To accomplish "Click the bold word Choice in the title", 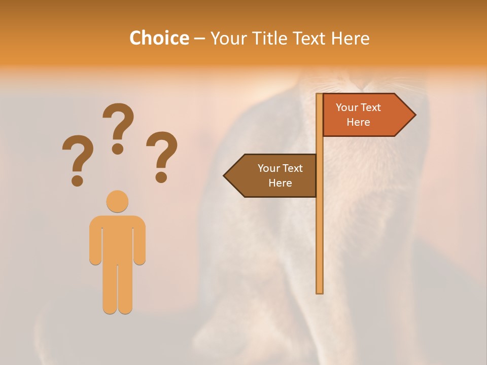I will click(x=159, y=38).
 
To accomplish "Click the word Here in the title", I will click(x=351, y=38).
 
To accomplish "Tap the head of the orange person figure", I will click(x=117, y=201).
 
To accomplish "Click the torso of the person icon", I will click(x=117, y=238).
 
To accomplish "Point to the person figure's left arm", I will click(x=96, y=241).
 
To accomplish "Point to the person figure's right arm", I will click(x=140, y=241).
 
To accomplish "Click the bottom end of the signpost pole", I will click(x=320, y=290).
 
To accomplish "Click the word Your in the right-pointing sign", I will click(x=347, y=107).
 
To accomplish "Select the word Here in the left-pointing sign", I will click(x=280, y=183).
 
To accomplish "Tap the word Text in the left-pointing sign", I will click(x=292, y=168).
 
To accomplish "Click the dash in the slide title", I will click(x=199, y=38).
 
